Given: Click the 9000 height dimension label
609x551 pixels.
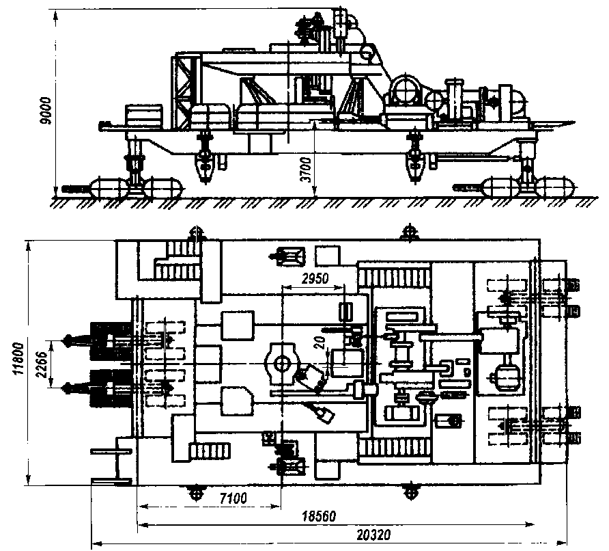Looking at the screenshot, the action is click(x=46, y=111).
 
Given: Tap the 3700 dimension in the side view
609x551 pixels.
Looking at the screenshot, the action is click(x=307, y=170).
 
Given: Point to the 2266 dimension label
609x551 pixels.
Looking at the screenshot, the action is click(x=43, y=364).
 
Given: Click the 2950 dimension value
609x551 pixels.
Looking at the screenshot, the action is click(x=315, y=278).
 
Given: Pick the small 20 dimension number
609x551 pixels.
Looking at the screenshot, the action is click(x=322, y=343).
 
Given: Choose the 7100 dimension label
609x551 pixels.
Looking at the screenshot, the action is click(x=233, y=498).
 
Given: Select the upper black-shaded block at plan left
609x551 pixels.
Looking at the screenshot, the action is click(x=111, y=340).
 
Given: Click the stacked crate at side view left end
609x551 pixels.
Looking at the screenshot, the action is click(x=143, y=116).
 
